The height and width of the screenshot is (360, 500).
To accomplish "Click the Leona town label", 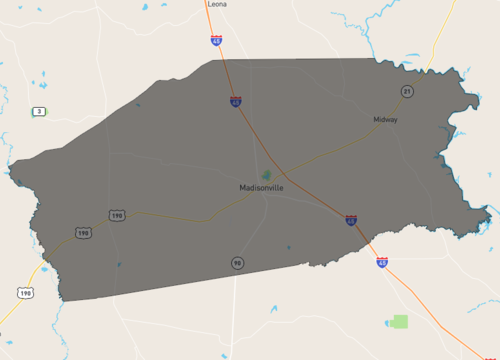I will click(x=217, y=4).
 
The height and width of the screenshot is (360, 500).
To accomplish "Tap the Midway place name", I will click(x=385, y=120).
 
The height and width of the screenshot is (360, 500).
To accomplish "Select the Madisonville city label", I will click(x=261, y=187).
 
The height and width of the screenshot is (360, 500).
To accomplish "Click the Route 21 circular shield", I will click(x=407, y=91).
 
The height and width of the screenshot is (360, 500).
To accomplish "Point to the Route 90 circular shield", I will click(x=237, y=263).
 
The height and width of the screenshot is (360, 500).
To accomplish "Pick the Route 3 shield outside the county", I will click(x=39, y=110).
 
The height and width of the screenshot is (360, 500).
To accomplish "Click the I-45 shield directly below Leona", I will click(x=217, y=40).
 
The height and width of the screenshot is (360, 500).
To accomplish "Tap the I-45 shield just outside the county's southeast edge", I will click(x=382, y=262).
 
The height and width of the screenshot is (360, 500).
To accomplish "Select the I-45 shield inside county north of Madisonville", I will click(x=235, y=101).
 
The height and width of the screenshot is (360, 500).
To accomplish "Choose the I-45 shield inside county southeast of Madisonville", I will click(x=351, y=220).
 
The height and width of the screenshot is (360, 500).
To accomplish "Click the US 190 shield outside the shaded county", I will click(x=25, y=292).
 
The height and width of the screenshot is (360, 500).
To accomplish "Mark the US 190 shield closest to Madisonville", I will click(x=117, y=216).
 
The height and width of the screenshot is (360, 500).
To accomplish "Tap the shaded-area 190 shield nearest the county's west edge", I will click(x=82, y=232).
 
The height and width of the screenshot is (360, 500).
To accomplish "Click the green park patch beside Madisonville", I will click(x=267, y=175).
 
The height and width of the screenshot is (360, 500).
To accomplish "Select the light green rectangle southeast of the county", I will click(x=400, y=322).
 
